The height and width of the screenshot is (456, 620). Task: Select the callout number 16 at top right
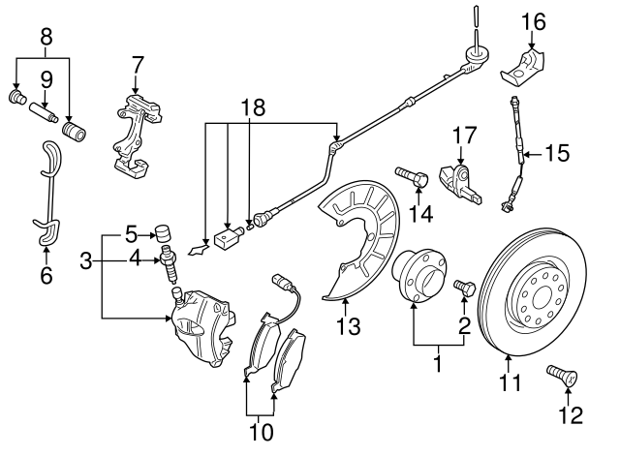point(534,21)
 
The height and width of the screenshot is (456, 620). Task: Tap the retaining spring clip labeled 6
point(46,198)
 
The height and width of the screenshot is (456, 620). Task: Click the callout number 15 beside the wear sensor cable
point(557,153)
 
